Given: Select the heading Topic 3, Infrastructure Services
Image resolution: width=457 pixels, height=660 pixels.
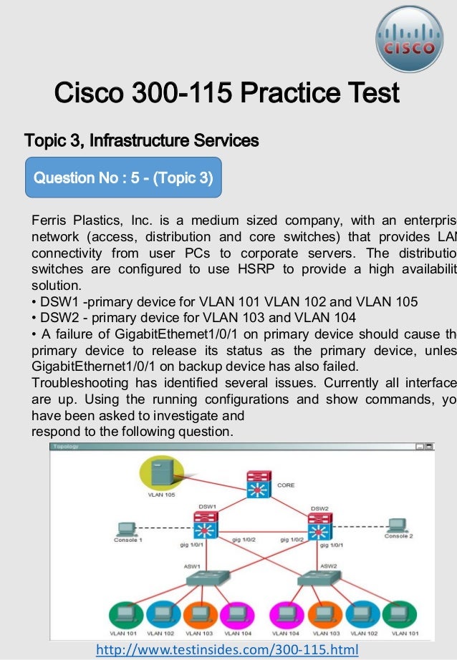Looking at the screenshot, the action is click(141, 140).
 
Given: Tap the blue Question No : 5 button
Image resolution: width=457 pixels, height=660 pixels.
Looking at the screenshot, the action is click(123, 177).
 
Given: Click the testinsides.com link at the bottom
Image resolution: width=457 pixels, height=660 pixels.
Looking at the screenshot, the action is click(227, 649).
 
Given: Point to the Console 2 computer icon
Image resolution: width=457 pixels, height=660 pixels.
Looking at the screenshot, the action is click(395, 526).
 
